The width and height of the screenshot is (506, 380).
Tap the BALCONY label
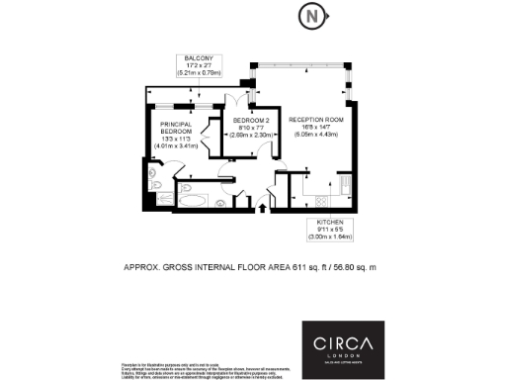click(x=198, y=57)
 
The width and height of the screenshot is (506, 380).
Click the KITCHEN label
click(x=330, y=221)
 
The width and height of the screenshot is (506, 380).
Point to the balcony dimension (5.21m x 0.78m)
click(x=198, y=73)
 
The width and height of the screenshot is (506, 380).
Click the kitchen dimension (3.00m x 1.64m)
click(x=330, y=237)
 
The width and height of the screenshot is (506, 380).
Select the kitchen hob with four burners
click(x=345, y=186)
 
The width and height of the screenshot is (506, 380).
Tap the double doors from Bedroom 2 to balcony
click(x=243, y=102)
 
